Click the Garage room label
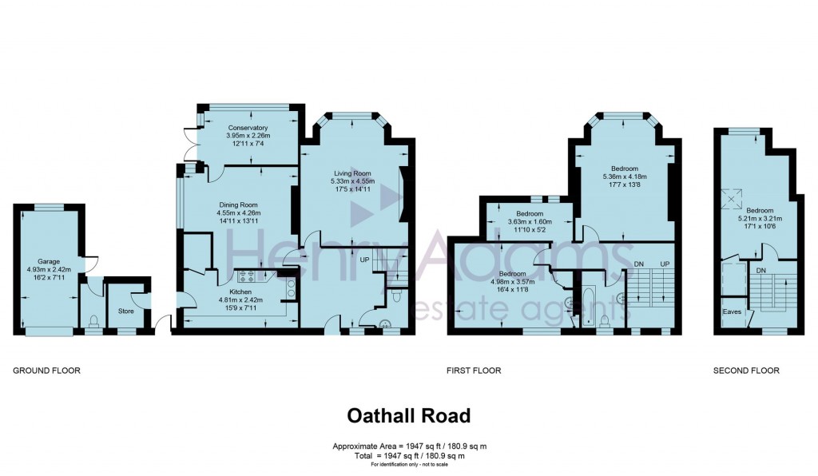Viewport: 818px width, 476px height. (47, 261)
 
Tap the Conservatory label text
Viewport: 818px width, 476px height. (247, 128)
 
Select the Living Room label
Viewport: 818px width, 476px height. (352, 173)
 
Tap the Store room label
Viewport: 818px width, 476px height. (125, 311)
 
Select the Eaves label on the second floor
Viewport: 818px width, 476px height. (731, 311)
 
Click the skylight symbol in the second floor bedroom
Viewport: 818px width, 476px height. (730, 196)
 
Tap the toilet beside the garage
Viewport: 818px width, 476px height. (94, 321)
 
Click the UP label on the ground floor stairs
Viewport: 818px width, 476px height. (366, 260)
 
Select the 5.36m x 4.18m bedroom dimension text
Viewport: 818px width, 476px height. (625, 177)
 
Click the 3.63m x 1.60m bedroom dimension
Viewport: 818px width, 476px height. (529, 223)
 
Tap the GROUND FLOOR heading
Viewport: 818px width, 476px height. (46, 371)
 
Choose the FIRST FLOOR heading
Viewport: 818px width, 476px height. (473, 371)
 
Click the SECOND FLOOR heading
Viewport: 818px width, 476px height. (746, 371)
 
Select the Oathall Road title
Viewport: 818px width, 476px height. (408, 416)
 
